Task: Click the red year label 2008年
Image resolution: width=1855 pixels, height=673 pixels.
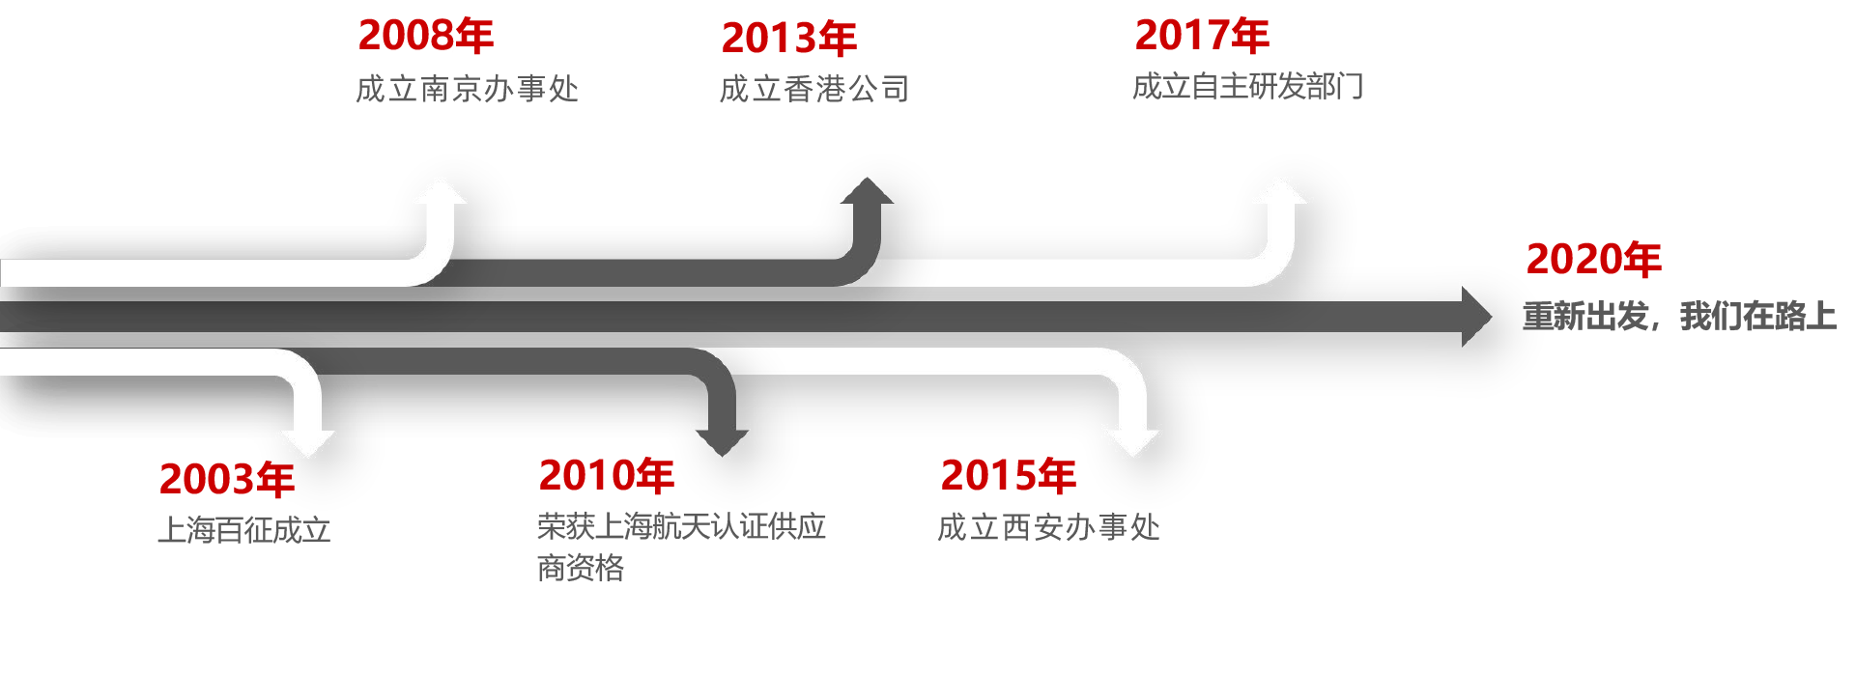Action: pyautogui.click(x=425, y=37)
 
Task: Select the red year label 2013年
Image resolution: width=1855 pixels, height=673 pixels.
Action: pyautogui.click(x=788, y=40)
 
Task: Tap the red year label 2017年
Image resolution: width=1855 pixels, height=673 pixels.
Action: pyautogui.click(x=1201, y=37)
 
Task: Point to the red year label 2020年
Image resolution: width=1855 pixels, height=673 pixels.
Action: pyautogui.click(x=1593, y=260)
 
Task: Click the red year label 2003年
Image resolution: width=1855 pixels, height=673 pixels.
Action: pyautogui.click(x=226, y=480)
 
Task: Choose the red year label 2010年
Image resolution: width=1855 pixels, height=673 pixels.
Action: pyautogui.click(x=606, y=476)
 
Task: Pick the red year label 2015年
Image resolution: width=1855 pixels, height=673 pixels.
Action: pyautogui.click(x=1008, y=476)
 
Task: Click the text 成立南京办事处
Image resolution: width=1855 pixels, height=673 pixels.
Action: pyautogui.click(x=467, y=89)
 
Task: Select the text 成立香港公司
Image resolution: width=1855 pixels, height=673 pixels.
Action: pyautogui.click(x=813, y=89)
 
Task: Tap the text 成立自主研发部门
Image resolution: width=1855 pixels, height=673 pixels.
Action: pyautogui.click(x=1247, y=87)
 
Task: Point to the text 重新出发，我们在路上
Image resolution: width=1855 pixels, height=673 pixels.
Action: pyautogui.click(x=1679, y=316)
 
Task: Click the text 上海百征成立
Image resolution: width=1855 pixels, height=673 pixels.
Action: pyautogui.click(x=243, y=530)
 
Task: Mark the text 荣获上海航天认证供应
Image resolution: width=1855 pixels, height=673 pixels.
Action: pyautogui.click(x=681, y=526)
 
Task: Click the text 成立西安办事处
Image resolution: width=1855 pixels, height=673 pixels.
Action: pyautogui.click(x=1048, y=527)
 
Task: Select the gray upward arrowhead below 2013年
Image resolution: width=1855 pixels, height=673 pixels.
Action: pyautogui.click(x=867, y=191)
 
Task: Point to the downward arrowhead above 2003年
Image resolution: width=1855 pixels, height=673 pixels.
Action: pyautogui.click(x=307, y=442)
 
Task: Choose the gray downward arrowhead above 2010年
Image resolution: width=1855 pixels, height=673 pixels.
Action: pyautogui.click(x=722, y=442)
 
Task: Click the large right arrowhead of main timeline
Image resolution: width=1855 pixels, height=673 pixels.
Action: pyautogui.click(x=1475, y=315)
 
